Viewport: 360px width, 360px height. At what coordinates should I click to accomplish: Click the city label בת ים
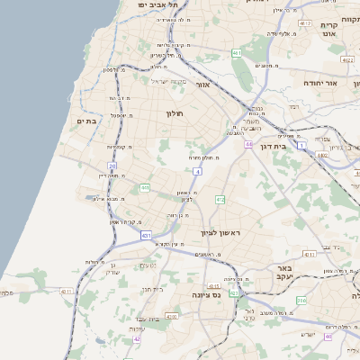point(86,121)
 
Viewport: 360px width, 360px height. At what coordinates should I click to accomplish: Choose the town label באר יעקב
point(284,274)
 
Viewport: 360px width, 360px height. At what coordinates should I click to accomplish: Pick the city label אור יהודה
point(319,82)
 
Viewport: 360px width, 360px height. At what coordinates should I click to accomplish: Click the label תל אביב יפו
point(154,5)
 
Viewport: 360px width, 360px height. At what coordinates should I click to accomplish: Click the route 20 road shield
point(112,166)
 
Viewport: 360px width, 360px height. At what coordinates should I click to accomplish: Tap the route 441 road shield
point(145,187)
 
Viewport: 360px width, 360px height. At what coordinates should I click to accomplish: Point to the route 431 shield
point(146,236)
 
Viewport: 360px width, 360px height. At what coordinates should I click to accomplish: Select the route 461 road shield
point(237,54)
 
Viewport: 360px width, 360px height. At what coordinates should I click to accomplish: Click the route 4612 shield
point(306,23)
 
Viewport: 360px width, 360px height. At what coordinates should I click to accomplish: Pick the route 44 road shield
point(247,144)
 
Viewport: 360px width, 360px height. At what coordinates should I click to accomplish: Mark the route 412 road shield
point(220,198)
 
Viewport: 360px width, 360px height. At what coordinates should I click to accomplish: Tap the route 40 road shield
point(328,336)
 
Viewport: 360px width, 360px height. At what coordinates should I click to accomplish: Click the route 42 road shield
point(137,339)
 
